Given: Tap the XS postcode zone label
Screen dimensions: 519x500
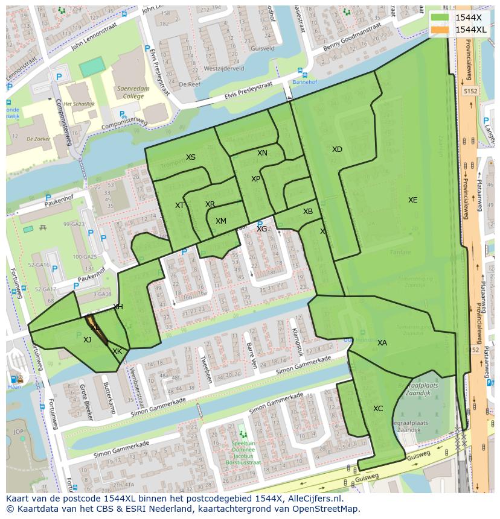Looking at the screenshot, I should pyautogui.click(x=191, y=157).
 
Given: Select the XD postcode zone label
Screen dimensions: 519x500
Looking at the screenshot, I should pyautogui.click(x=337, y=149).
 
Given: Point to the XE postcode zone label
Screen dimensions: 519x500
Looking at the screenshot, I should pyautogui.click(x=412, y=200).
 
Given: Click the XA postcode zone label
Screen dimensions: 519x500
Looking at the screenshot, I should pyautogui.click(x=382, y=343).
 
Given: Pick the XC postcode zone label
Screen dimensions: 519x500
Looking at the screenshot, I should pyautogui.click(x=378, y=409).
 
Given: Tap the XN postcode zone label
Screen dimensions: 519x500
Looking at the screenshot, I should pyautogui.click(x=262, y=153).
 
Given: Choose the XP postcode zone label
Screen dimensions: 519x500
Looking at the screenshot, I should pyautogui.click(x=255, y=179).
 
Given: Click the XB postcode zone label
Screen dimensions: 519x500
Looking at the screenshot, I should pyautogui.click(x=308, y=212).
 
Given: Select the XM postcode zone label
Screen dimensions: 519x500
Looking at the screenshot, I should pyautogui.click(x=221, y=221).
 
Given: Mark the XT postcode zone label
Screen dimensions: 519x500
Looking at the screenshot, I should pyautogui.click(x=179, y=206).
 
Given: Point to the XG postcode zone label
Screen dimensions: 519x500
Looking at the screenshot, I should pyautogui.click(x=261, y=229).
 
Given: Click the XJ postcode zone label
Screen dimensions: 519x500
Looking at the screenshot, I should pyautogui.click(x=88, y=340).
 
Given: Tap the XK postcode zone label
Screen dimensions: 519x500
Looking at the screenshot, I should pyautogui.click(x=117, y=351).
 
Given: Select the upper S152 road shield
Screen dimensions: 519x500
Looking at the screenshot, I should pyautogui.click(x=470, y=90).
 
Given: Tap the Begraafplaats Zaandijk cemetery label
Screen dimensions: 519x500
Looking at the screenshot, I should pyautogui.click(x=417, y=388).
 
